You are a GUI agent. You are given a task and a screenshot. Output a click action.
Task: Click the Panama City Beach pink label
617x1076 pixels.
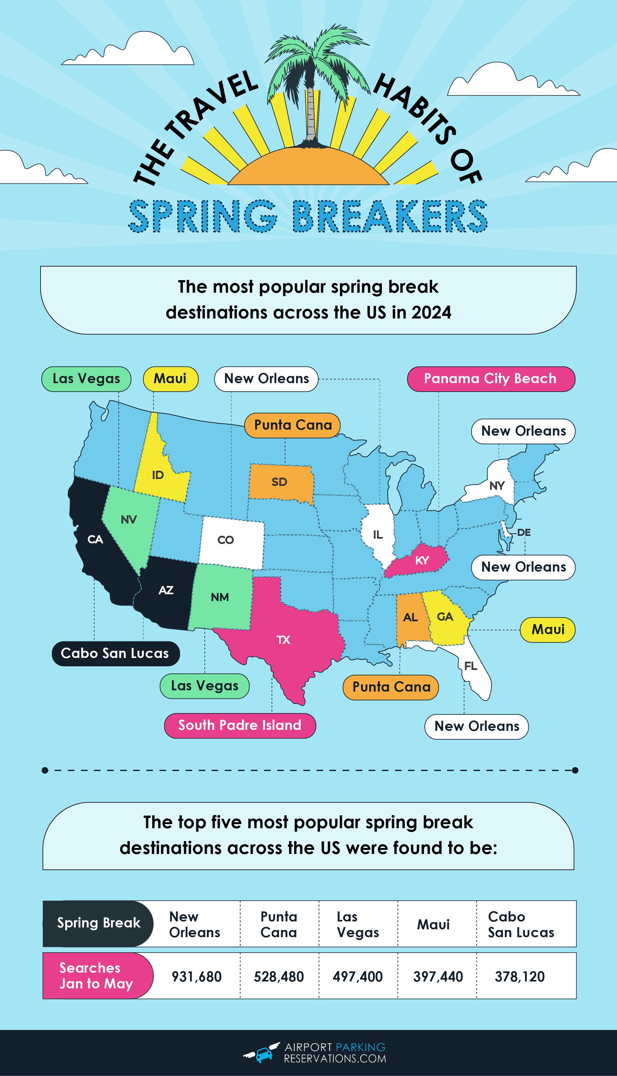point(491,379)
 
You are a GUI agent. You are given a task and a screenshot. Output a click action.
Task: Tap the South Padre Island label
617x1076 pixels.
point(240,725)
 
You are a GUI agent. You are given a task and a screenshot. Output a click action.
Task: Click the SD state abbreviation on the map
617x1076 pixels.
point(279,482)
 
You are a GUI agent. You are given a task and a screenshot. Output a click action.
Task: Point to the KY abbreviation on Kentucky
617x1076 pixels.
point(422,561)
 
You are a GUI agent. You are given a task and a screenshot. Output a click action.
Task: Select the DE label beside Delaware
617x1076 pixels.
point(524,532)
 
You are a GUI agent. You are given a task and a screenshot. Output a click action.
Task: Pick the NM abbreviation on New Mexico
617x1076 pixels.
point(219,597)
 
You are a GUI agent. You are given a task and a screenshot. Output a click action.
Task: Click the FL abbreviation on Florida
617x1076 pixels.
point(470,666)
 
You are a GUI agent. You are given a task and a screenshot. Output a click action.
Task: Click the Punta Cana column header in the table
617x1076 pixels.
point(279,924)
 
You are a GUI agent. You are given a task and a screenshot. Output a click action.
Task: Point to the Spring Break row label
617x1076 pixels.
point(98,923)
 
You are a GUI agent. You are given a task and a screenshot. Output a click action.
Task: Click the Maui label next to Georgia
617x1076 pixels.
point(548,630)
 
